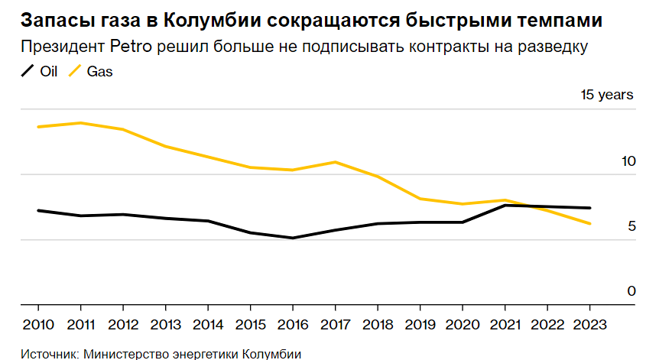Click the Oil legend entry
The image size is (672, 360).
[x=41, y=72]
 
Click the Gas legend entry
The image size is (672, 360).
[x=90, y=72]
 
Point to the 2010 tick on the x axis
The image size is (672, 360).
[x=38, y=323]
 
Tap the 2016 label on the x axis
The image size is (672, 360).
[x=292, y=323]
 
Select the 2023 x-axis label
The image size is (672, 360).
[x=589, y=323]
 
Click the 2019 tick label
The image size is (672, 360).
[x=419, y=323]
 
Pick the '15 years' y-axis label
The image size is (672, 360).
[x=607, y=96]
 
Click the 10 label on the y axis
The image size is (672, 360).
[x=628, y=161]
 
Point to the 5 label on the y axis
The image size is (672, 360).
[x=631, y=226]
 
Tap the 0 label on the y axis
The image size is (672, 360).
[x=631, y=291]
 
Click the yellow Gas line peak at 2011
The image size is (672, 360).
[x=80, y=122]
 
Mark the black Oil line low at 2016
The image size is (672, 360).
[x=292, y=238]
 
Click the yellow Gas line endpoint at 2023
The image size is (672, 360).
[x=589, y=224]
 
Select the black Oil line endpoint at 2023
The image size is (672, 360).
[x=589, y=208]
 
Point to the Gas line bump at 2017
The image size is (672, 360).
[x=335, y=162]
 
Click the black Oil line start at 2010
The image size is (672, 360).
[x=38, y=210]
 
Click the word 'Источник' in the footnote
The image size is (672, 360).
[x=48, y=353]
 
